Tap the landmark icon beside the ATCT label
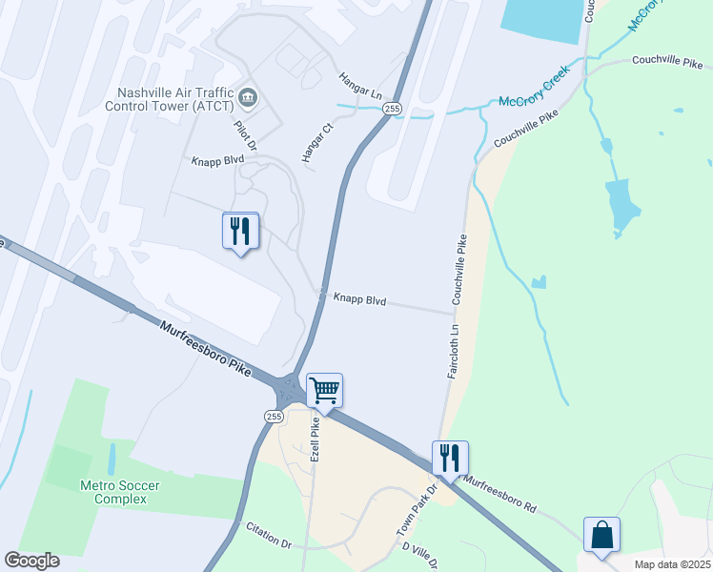[x=248, y=96]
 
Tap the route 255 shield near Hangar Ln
[x=393, y=110]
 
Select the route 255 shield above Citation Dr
[x=274, y=417]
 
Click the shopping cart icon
[x=324, y=390]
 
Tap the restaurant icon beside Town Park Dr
[x=450, y=458]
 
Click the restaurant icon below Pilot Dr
[x=240, y=231]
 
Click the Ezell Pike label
[x=315, y=439]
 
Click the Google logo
[x=31, y=561]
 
